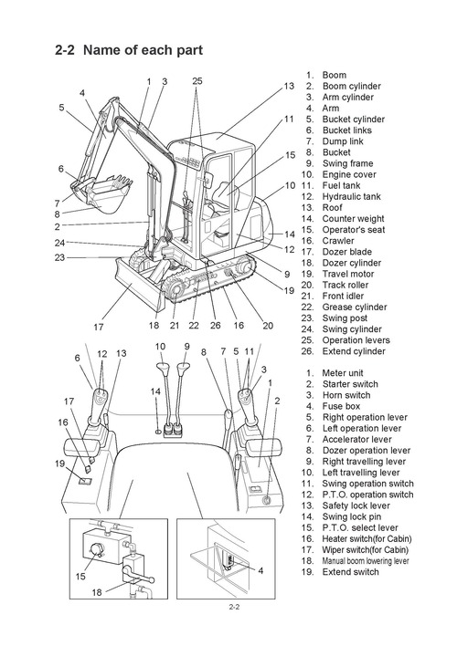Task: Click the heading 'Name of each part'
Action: click(142, 49)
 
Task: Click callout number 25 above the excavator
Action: click(197, 81)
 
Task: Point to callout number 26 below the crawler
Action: click(216, 325)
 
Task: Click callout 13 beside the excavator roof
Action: click(289, 86)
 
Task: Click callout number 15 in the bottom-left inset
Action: click(81, 576)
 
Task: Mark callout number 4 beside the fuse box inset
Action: click(260, 570)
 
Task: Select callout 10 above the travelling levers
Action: click(160, 347)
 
